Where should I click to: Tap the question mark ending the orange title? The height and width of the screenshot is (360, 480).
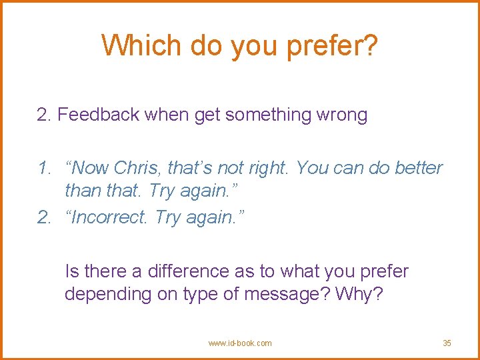370,46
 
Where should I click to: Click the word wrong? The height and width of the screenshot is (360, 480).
343,115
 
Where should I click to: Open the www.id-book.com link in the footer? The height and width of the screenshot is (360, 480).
240,343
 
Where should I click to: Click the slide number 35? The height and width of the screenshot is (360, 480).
447,343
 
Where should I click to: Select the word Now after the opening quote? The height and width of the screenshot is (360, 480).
91,168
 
